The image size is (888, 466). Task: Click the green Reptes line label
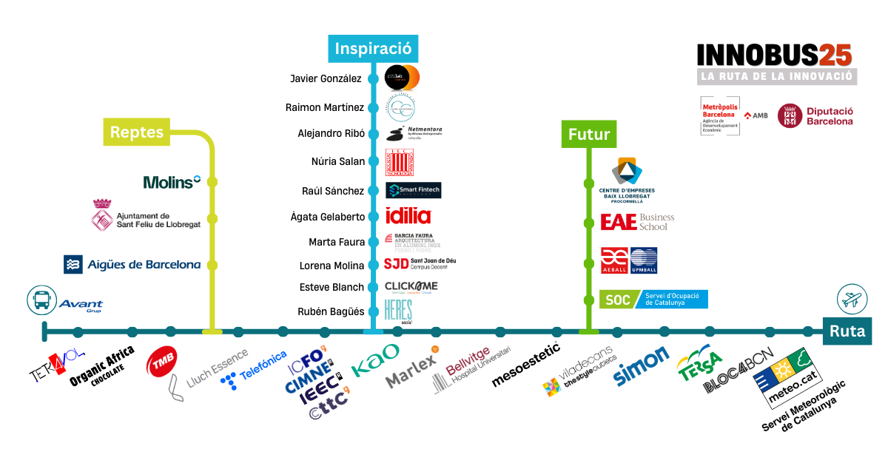[x=136, y=132]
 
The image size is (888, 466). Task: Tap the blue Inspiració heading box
[x=372, y=49]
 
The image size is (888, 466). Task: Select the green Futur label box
[x=588, y=135]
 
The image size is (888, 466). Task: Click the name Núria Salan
[x=337, y=161]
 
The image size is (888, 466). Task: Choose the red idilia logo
[x=408, y=216]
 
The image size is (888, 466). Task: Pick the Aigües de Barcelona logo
[x=132, y=265]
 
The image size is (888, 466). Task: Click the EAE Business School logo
[x=637, y=222]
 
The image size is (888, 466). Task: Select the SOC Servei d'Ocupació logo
[x=653, y=300]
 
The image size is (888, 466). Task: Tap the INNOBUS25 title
[x=775, y=55]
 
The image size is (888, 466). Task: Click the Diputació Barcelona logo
[x=815, y=116]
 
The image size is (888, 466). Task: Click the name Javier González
[x=326, y=78]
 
